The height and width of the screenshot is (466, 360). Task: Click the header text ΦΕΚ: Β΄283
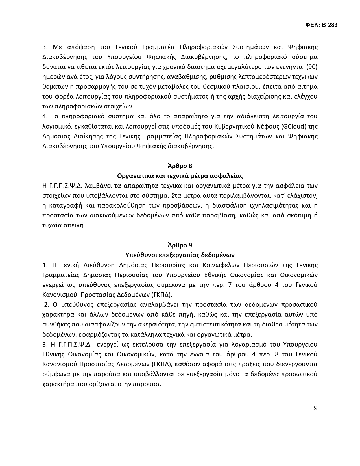321,25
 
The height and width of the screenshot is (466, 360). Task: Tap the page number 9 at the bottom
315,408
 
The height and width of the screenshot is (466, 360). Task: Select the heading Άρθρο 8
180,166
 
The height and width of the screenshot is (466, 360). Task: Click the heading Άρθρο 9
180,245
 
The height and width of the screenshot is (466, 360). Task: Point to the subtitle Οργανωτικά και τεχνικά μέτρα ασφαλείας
180,176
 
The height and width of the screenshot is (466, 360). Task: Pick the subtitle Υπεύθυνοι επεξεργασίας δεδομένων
180,255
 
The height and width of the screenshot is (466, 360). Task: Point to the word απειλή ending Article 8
75,225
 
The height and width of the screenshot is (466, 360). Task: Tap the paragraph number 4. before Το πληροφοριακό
45,116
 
